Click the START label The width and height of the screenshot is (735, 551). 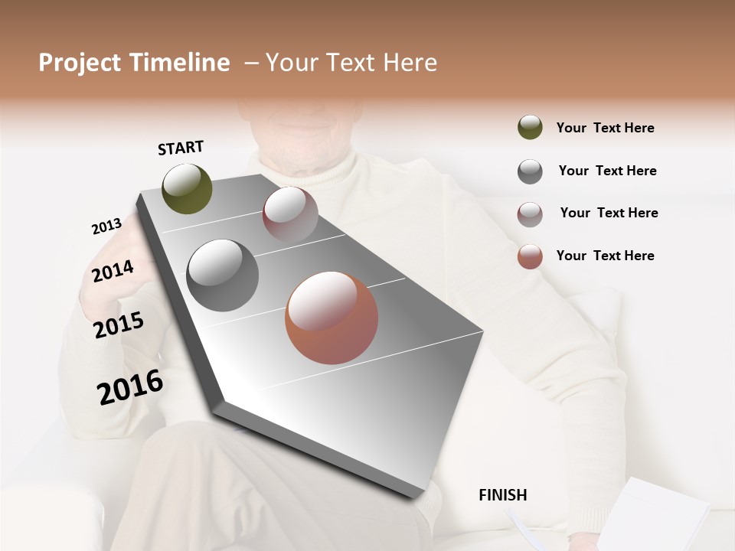point(181,148)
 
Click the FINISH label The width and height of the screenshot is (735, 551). point(502,495)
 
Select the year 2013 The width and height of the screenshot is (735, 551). point(106,227)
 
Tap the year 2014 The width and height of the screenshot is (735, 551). point(113,271)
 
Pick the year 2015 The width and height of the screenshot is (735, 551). point(119,325)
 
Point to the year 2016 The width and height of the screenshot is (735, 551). point(130,387)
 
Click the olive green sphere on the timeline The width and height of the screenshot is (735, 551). point(187,188)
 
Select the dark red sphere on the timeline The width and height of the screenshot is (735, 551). point(290,214)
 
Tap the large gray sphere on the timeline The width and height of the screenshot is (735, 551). point(223,275)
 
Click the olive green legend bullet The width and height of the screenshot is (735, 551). point(530,128)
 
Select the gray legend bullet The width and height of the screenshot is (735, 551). point(530,171)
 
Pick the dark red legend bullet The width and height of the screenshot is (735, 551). point(530,214)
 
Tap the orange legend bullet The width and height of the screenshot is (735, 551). point(530,256)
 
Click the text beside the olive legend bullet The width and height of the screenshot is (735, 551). point(605,128)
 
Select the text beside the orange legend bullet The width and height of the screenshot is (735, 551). point(605,256)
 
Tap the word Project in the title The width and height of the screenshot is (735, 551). point(80,63)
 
